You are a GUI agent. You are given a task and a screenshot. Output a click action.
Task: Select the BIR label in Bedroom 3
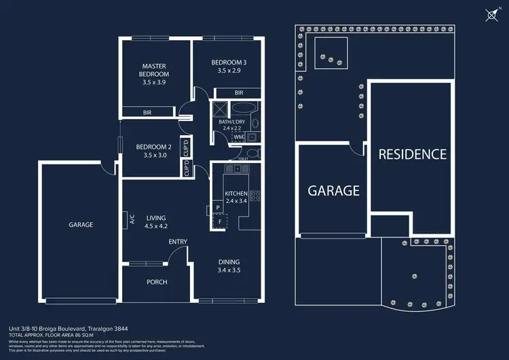[239, 92]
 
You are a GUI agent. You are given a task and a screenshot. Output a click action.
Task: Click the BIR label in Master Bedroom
[147, 112]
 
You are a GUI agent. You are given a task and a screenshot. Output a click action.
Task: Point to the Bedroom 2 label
[153, 147]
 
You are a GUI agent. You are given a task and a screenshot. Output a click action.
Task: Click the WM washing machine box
[238, 137]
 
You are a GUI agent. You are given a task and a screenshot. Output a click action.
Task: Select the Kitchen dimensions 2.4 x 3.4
[237, 201]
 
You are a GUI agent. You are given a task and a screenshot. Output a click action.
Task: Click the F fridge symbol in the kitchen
[219, 221]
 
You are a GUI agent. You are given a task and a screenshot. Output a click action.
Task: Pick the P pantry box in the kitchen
[217, 207]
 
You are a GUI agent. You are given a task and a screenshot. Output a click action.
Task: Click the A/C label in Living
[132, 218]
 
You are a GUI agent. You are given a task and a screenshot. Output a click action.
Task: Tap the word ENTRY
[178, 242]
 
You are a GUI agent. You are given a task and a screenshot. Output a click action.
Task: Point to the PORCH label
[157, 282]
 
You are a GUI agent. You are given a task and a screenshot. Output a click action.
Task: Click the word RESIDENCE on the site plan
[412, 154]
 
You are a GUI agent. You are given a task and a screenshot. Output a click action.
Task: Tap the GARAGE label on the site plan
[333, 191]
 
